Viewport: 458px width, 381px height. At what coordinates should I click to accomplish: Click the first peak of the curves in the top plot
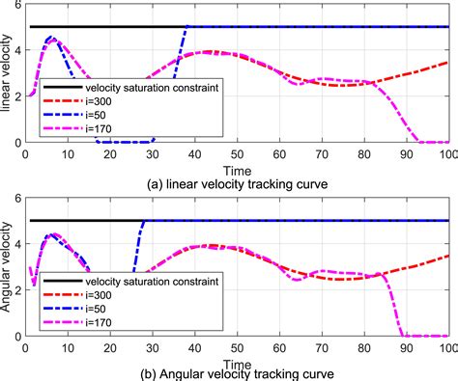(53, 39)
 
